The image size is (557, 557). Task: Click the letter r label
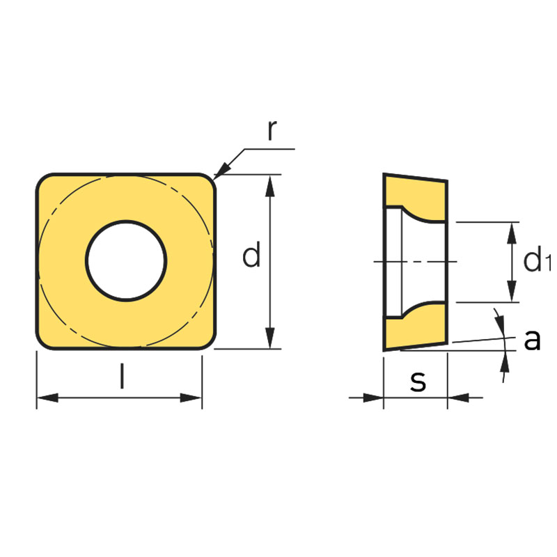click(x=272, y=130)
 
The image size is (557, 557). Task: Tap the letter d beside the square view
click(x=251, y=254)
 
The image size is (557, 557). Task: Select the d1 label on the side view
click(x=537, y=260)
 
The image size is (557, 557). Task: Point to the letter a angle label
click(x=532, y=340)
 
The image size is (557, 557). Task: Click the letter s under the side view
click(x=418, y=382)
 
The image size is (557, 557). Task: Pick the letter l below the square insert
click(x=123, y=376)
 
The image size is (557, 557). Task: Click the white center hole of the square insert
click(x=126, y=260)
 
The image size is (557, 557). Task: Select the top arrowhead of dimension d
click(x=270, y=186)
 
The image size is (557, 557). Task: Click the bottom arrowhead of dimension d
click(x=270, y=338)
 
